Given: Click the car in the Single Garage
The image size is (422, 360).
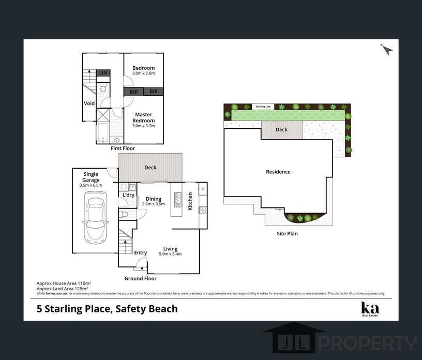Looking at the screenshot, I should coord(95,217).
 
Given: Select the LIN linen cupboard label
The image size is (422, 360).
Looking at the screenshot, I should coord(103,73).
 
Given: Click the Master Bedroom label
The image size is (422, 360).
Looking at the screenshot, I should coord(143,117).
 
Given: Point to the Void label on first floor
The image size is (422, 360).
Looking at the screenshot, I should coord(89,103).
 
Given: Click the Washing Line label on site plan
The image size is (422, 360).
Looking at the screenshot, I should coord(263,107).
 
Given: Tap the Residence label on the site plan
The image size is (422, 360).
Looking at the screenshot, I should coord(278,172).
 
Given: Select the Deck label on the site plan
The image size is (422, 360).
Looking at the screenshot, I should coord(281,130).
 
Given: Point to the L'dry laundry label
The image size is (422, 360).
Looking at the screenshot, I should coord(128,195).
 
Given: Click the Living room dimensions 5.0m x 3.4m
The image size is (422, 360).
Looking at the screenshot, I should coord(170,254).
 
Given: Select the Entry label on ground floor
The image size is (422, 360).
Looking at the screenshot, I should coord(140,253).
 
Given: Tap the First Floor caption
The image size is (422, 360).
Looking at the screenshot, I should coord(123,148).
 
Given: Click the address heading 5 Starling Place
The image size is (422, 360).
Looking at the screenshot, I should coord(107,309).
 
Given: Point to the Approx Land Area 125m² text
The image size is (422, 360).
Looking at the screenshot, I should coord(64,288).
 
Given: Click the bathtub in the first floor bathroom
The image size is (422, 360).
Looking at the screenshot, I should coord(102,132).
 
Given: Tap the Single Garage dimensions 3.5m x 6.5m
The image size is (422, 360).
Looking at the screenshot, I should coord(91,185).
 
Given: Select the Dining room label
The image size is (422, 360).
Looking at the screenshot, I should coord(153,199).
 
